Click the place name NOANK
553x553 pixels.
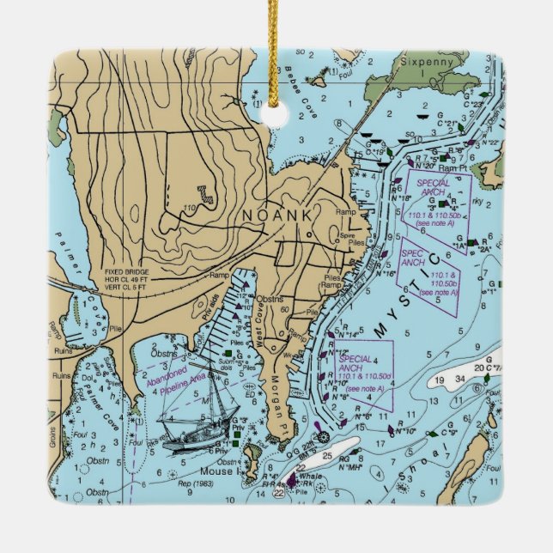(276, 215)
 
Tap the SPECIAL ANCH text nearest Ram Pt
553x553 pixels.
(434, 187)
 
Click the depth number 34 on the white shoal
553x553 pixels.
(459, 379)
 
